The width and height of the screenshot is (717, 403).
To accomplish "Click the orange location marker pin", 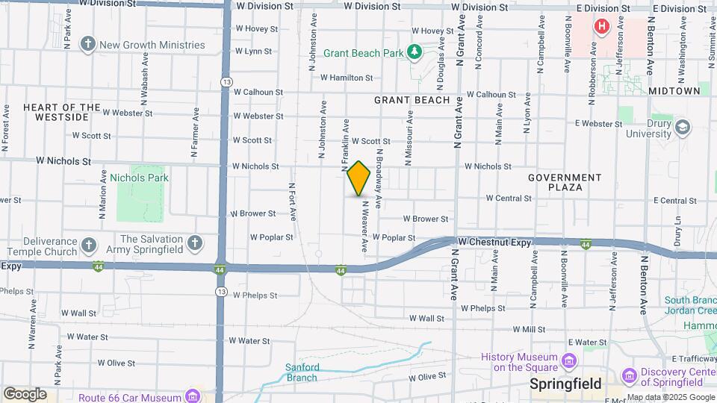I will (x=359, y=178).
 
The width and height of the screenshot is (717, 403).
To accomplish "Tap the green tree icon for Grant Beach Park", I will (x=413, y=52).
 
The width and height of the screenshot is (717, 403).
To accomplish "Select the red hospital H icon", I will (x=601, y=27).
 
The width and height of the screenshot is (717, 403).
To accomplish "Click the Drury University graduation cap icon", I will (x=682, y=128).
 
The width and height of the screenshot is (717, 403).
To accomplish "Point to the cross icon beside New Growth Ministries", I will (x=88, y=45).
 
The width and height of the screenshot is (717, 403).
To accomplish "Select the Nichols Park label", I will (x=139, y=178).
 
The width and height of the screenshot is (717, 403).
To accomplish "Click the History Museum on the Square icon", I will (x=571, y=362).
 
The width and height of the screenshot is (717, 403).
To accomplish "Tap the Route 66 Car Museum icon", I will (x=193, y=395).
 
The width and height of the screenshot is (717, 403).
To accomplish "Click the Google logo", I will (x=25, y=394).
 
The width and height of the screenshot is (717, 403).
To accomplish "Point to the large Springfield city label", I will (x=565, y=384).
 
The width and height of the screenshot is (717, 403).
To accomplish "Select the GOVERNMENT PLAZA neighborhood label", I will (x=565, y=182).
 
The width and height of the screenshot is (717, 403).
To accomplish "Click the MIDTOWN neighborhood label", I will (x=674, y=90).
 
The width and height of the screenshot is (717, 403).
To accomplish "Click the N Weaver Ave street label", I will (x=365, y=225).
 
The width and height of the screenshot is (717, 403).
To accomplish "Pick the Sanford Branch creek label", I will (x=302, y=372).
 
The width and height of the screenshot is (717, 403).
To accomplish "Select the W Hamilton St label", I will (x=346, y=78).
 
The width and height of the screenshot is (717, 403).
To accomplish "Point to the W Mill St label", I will (x=529, y=329).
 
